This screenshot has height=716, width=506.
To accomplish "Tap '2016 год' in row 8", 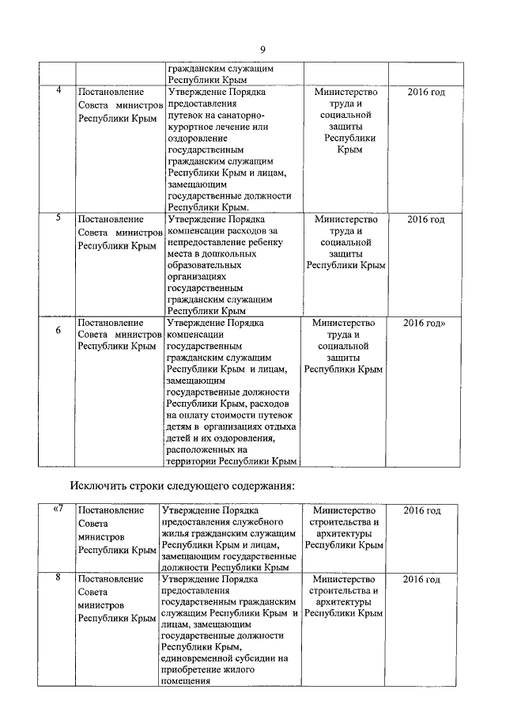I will [x=421, y=580].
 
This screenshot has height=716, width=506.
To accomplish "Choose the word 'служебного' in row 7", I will [x=255, y=523].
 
